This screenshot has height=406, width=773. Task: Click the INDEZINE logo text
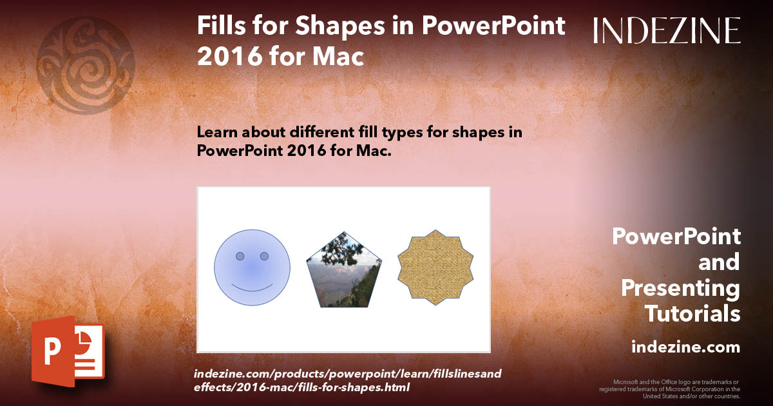(667, 30)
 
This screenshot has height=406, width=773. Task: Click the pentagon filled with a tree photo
(344, 271)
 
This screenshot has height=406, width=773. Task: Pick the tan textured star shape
(436, 267)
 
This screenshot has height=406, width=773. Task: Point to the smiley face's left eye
(240, 256)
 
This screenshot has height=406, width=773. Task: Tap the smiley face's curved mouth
(252, 285)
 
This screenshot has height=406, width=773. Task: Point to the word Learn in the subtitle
(218, 132)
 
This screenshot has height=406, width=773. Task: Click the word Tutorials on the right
(692, 314)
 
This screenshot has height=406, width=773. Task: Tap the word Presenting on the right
(680, 288)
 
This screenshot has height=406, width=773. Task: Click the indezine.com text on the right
(685, 347)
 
